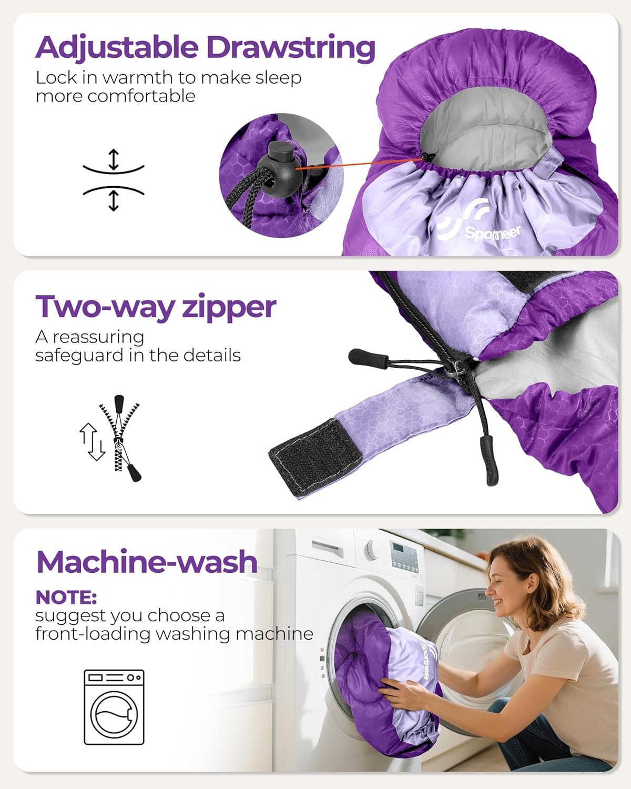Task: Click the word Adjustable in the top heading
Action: click(117, 48)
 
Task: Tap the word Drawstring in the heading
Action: click(291, 48)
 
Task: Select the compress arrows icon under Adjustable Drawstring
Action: click(114, 180)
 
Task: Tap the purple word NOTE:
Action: click(66, 598)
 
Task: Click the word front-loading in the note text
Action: click(93, 634)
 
